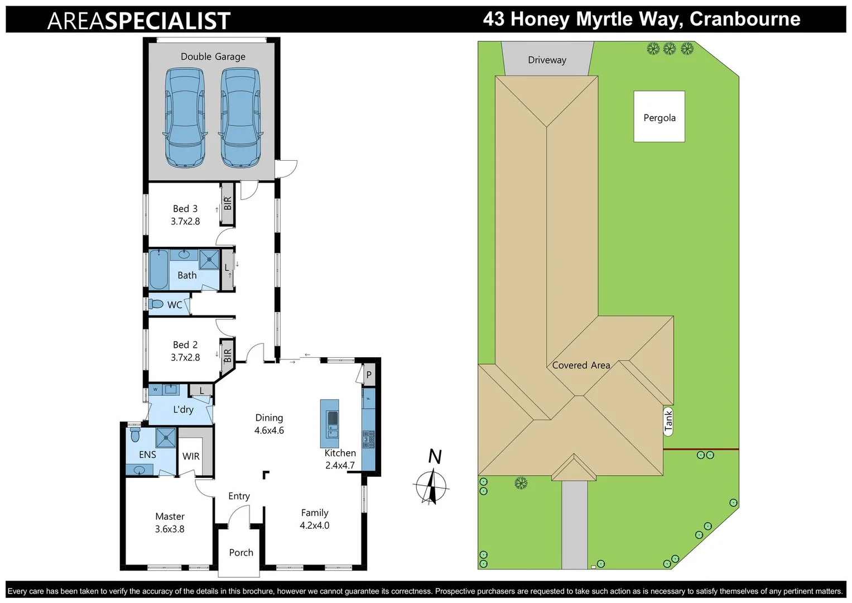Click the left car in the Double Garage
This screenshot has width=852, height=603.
(185, 117)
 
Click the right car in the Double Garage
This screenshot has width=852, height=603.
(240, 117)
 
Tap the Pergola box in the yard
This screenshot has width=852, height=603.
(659, 117)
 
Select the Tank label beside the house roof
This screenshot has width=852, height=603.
(668, 421)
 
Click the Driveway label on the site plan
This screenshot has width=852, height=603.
(547, 60)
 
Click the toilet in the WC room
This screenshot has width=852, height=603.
(156, 304)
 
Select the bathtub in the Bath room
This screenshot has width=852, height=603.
(158, 270)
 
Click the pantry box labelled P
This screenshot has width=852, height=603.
(369, 375)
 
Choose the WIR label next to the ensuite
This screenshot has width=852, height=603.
(191, 456)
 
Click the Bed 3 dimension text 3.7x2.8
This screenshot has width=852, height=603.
(185, 222)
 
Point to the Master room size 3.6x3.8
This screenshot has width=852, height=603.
(170, 529)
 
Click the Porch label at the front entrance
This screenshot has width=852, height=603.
(241, 553)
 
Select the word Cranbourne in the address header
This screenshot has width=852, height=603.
(745, 19)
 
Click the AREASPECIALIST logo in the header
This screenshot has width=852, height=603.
(139, 21)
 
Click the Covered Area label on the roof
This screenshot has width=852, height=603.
(581, 365)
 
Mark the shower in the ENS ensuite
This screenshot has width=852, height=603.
(166, 438)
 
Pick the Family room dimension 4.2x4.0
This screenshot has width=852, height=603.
(315, 525)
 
